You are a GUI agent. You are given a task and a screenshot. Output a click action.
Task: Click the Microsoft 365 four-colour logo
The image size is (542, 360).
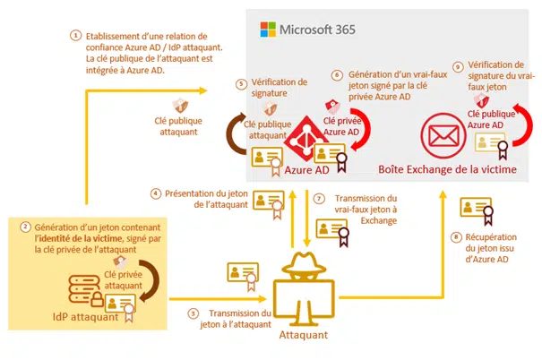268,30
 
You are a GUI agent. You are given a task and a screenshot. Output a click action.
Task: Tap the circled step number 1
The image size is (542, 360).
75,36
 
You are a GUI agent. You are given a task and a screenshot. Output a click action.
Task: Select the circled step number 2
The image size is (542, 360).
25,227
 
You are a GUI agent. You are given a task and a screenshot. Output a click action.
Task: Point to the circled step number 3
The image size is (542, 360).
194,313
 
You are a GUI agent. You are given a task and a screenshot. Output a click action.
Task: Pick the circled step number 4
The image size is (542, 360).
156,193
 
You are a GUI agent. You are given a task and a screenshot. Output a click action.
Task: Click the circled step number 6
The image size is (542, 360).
337,75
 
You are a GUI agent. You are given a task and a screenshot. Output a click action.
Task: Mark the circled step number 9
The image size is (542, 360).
458,66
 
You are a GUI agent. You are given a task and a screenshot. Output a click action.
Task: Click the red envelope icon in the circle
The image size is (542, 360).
443,136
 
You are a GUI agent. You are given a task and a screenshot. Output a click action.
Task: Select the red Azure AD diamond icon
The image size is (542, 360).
305,139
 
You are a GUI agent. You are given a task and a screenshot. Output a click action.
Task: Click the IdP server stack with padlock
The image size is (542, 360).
85,290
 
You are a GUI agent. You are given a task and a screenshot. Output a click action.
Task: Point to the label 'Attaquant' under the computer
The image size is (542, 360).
304,335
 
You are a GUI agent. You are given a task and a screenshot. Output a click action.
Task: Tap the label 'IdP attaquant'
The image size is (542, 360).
85,317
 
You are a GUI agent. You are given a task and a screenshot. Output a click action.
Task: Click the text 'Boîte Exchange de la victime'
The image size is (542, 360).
447,169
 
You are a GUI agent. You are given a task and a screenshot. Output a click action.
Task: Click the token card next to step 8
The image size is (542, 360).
477,210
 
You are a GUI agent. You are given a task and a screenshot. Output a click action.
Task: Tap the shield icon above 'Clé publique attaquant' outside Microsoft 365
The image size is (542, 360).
180,106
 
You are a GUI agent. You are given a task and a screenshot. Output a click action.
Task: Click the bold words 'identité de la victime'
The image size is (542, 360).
80,238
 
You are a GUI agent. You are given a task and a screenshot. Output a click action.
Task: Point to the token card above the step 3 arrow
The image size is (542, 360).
243,275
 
